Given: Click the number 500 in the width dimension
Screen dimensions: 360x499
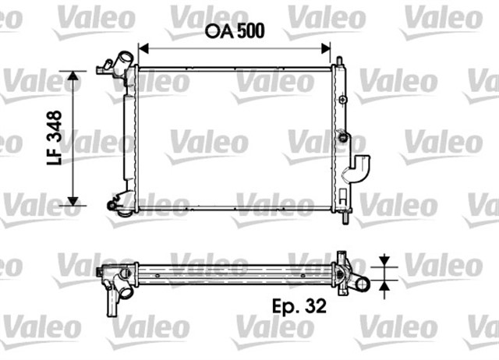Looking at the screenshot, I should pos(250,31).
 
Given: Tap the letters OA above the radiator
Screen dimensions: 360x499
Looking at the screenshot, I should pos(219,31).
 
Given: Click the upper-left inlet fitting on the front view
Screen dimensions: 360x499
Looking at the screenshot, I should pos(115,65).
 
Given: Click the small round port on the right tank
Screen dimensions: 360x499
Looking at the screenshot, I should pos(341,137).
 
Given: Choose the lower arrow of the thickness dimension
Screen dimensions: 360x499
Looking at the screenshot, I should pos(384,290).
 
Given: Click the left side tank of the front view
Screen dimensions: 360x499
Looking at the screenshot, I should pos(129,136).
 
